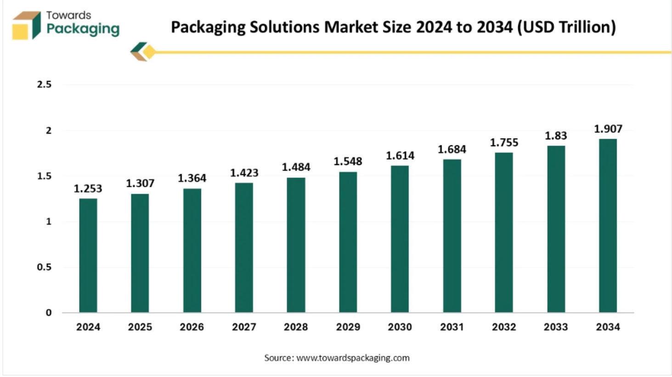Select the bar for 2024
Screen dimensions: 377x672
pos(88,255)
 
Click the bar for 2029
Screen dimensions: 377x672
pos(348,242)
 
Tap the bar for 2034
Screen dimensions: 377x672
pos(608,225)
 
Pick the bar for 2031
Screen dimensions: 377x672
pos(452,235)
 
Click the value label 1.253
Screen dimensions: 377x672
pos(88,188)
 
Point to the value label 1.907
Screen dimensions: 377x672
pos(608,129)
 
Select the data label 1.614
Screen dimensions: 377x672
pos(400,156)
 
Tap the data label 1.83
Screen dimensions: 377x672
pos(556,136)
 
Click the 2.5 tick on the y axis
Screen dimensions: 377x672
pos(44,85)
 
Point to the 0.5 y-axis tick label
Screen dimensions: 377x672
pos(44,267)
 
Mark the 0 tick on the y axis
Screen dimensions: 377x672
pos(49,313)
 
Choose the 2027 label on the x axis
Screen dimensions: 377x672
pos(244,327)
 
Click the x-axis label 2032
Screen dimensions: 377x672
pos(504,327)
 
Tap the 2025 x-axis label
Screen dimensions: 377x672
pos(140,327)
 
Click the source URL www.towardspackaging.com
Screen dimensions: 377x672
pos(353,358)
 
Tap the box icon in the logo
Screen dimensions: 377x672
pos(26,25)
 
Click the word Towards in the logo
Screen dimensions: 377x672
pos(68,15)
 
